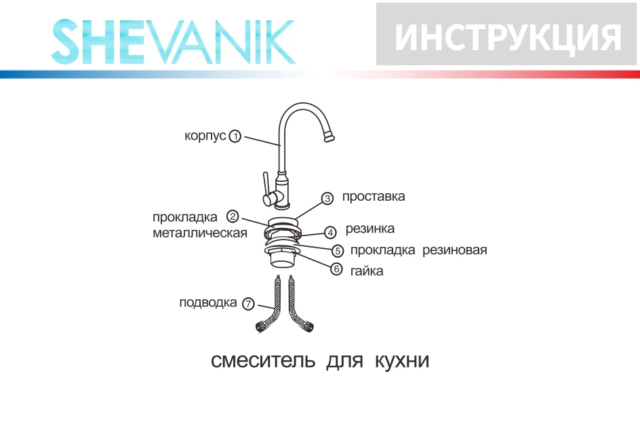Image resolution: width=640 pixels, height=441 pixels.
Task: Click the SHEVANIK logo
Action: [174, 42]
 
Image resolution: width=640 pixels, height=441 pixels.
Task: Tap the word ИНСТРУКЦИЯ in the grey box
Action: [507, 37]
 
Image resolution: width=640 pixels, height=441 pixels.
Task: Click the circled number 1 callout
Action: [235, 136]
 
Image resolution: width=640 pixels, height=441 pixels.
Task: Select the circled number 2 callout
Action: [233, 217]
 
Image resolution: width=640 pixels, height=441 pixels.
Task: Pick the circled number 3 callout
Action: [327, 199]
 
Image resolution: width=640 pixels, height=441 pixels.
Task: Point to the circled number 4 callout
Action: [330, 232]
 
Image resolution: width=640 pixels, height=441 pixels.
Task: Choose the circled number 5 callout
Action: [338, 250]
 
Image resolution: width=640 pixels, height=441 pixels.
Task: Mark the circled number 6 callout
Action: [337, 269]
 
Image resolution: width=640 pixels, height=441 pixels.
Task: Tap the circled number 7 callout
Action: [248, 303]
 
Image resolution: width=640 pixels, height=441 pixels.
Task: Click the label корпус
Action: [205, 136]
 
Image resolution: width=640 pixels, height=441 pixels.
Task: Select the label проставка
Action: [374, 197]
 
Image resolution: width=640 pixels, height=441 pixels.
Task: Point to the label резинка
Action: [369, 229]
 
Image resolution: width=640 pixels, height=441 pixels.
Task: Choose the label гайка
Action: [367, 271]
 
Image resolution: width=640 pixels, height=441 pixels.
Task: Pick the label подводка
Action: [208, 303]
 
